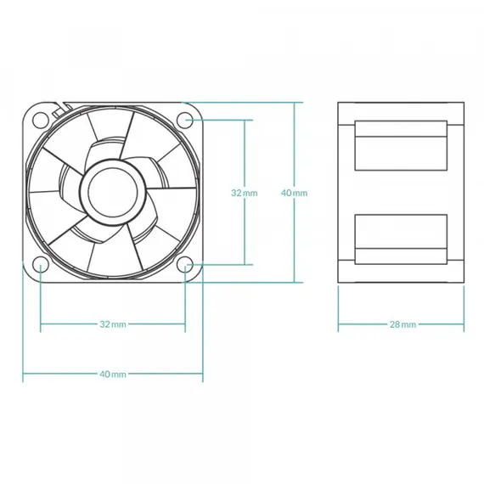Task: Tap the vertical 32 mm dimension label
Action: [x=245, y=193]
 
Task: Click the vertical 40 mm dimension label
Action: [x=294, y=193]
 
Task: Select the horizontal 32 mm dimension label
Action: [x=113, y=324]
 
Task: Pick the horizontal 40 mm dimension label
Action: [x=113, y=374]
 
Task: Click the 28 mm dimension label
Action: [x=402, y=324]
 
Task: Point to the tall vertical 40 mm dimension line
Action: [x=294, y=192]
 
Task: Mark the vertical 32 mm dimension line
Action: [x=245, y=192]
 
